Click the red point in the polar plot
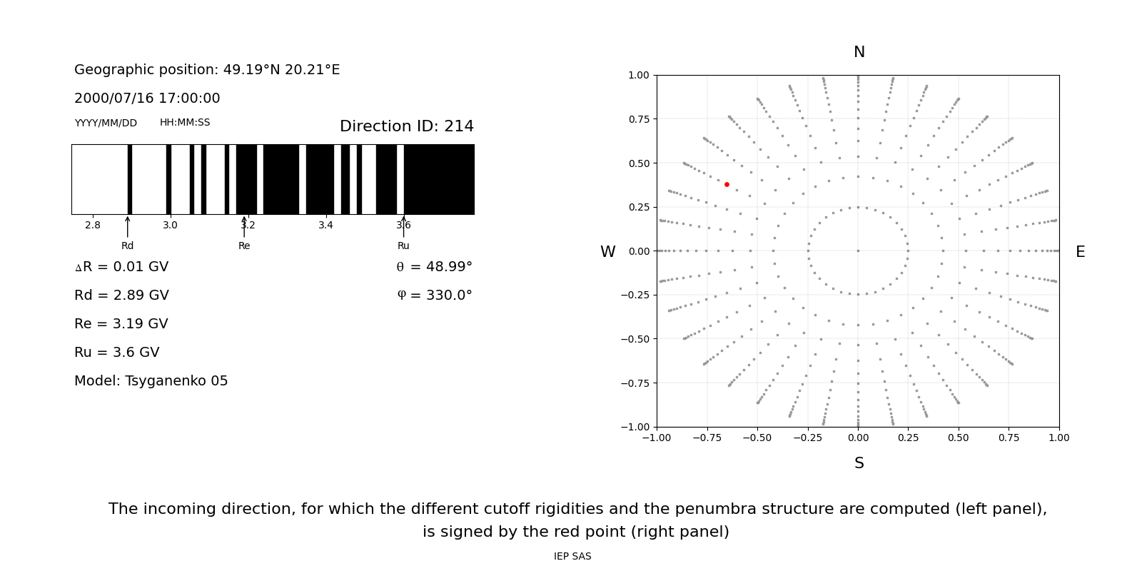(727, 184)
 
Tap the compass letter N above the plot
(859, 52)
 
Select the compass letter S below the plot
(859, 463)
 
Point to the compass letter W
(607, 252)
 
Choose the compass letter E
(1080, 252)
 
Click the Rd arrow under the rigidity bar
(128, 227)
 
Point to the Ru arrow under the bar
(403, 227)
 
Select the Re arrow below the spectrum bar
(244, 227)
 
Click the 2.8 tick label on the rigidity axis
(93, 226)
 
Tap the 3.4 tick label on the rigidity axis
(325, 226)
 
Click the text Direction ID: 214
(406, 126)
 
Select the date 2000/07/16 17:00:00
(147, 98)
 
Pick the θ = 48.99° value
(434, 267)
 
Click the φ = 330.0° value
(434, 295)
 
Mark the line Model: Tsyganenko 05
(151, 381)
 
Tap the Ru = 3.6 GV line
(116, 353)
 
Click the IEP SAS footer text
(572, 557)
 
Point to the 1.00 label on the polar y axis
(638, 75)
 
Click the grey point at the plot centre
(858, 251)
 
